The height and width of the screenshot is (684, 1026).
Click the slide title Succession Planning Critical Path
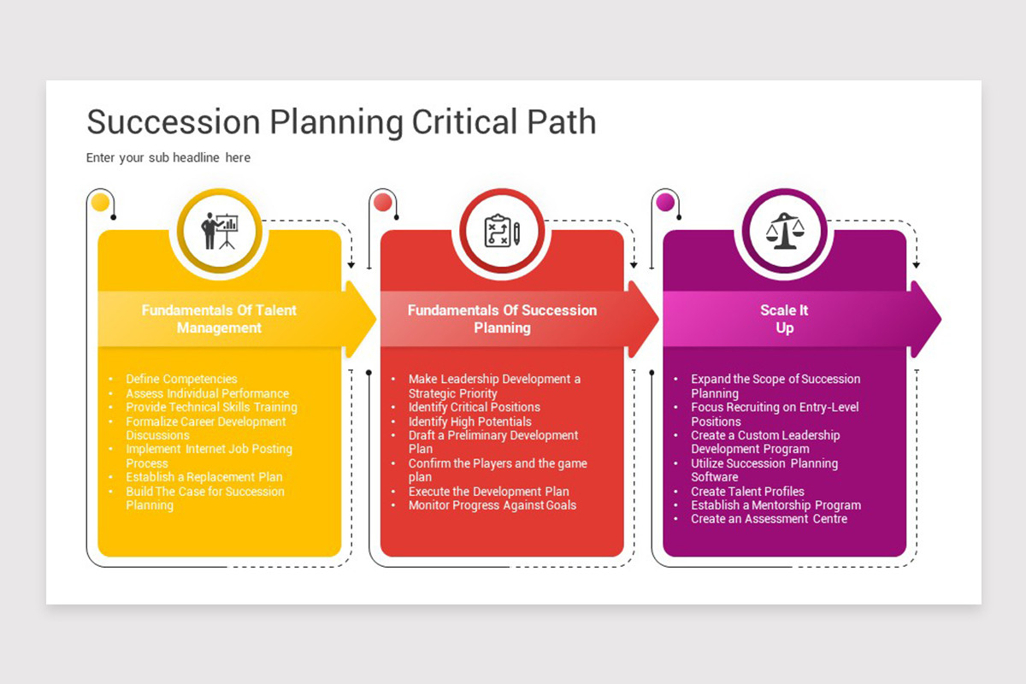[341, 122]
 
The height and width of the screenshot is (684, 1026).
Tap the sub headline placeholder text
[168, 157]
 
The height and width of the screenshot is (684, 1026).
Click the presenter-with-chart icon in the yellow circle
[220, 231]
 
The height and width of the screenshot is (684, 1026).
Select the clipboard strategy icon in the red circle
[502, 231]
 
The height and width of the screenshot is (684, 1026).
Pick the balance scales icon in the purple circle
[785, 231]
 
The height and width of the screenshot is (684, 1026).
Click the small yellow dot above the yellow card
[100, 202]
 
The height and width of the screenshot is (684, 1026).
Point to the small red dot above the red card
[383, 202]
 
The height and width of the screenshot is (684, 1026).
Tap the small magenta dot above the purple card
[665, 202]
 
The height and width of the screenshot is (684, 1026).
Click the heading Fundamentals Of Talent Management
[219, 319]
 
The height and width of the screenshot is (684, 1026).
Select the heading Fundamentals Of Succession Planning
[502, 319]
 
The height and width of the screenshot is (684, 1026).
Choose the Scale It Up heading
[784, 319]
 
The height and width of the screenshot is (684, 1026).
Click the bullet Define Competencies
[181, 379]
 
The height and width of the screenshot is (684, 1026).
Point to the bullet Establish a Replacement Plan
[204, 477]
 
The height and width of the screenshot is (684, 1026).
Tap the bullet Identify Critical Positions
[474, 407]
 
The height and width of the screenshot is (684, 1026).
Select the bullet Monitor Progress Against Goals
[492, 504]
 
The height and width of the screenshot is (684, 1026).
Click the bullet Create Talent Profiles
[747, 491]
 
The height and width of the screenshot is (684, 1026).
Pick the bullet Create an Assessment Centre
[769, 519]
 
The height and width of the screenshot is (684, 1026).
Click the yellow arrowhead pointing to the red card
[361, 319]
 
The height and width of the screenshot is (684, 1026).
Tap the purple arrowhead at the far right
[926, 319]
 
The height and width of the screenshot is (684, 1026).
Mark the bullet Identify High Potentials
[470, 422]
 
